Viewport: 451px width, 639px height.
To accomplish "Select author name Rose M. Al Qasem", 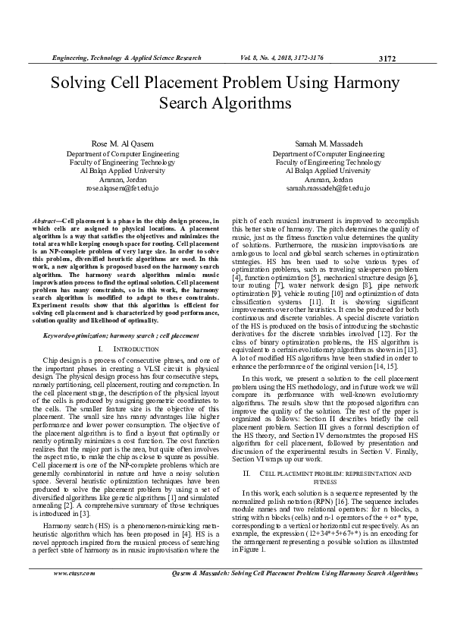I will pos(122,143).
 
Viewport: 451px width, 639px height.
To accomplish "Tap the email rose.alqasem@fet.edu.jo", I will pos(122,187).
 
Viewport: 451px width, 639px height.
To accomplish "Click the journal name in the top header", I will pos(126,58).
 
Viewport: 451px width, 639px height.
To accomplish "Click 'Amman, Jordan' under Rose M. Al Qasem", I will pos(122,179).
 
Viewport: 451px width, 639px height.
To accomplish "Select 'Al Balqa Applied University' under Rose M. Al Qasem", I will pos(122,171).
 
